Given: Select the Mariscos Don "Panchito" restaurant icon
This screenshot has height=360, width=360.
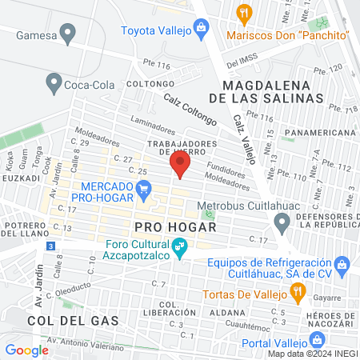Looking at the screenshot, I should point(245,13).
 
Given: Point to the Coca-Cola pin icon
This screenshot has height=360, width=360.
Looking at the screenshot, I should point(54,81).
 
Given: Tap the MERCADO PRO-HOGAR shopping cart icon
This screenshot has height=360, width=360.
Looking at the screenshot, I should point(144,190).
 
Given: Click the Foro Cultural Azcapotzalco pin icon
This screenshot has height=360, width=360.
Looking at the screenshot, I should point(181,250).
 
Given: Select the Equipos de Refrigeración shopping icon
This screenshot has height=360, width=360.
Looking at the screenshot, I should point(342,263).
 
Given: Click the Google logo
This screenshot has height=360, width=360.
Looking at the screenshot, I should point(27,350).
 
